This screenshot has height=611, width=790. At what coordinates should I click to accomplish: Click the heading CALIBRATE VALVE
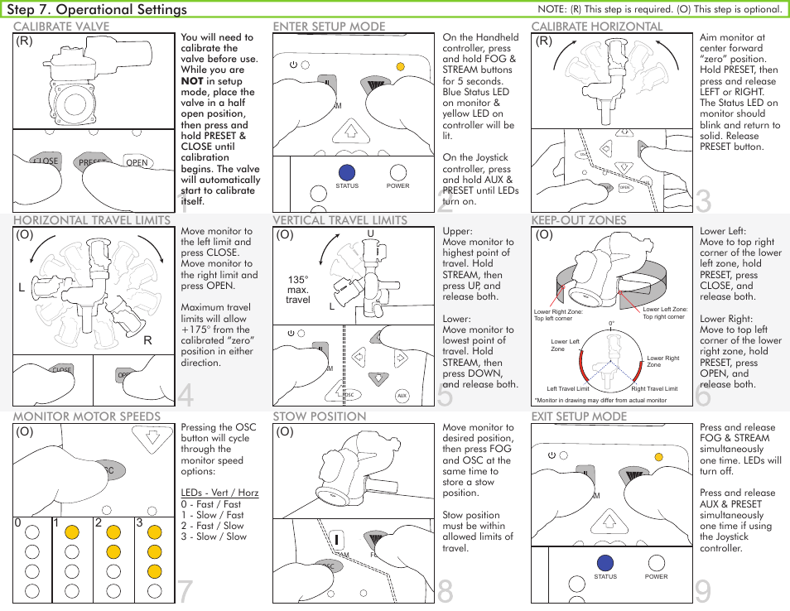pyautogui.click(x=61, y=26)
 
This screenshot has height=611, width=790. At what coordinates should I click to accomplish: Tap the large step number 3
pyautogui.click(x=703, y=201)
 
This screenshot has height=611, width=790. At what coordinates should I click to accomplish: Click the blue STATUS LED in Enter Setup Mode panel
pyautogui.click(x=347, y=171)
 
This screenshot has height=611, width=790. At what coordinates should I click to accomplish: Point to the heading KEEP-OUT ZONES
pyautogui.click(x=578, y=220)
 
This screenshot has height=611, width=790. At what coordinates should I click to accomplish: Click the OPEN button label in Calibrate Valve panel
pyautogui.click(x=137, y=162)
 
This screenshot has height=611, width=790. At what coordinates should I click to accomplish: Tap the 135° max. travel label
pyautogui.click(x=298, y=290)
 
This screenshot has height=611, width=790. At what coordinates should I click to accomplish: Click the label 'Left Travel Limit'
pyautogui.click(x=568, y=388)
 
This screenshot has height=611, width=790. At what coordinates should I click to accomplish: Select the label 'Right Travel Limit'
pyautogui.click(x=654, y=388)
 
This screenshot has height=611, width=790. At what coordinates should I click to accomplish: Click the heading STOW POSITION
pyautogui.click(x=319, y=416)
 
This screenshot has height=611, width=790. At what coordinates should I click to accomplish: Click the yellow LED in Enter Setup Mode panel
pyautogui.click(x=400, y=66)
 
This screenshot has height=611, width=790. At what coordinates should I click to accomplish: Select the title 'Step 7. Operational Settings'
pyautogui.click(x=97, y=10)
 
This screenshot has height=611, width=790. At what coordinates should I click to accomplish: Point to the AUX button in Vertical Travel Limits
pyautogui.click(x=402, y=396)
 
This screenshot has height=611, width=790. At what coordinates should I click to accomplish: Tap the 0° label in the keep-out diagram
pyautogui.click(x=612, y=324)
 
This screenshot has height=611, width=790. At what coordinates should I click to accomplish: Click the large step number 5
pyautogui.click(x=445, y=397)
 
